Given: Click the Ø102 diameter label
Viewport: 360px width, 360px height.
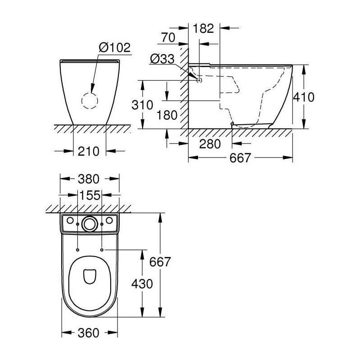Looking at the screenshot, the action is (x=115, y=48).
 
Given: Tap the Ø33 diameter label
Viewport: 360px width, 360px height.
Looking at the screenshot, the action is (x=162, y=59).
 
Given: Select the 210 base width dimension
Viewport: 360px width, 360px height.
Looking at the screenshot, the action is (x=88, y=151).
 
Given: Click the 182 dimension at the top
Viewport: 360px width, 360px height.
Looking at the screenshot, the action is (x=203, y=28).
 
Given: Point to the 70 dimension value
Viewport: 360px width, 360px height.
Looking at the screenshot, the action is (x=168, y=38).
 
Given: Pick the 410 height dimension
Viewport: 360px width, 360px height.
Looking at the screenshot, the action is (x=303, y=97).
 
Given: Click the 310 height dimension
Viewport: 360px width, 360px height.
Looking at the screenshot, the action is (x=142, y=105).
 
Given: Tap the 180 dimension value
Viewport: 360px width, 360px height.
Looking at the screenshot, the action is (x=167, y=115).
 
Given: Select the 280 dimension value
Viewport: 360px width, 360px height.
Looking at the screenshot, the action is (x=210, y=144).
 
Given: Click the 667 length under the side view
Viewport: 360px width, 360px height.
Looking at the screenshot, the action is (x=240, y=158).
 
